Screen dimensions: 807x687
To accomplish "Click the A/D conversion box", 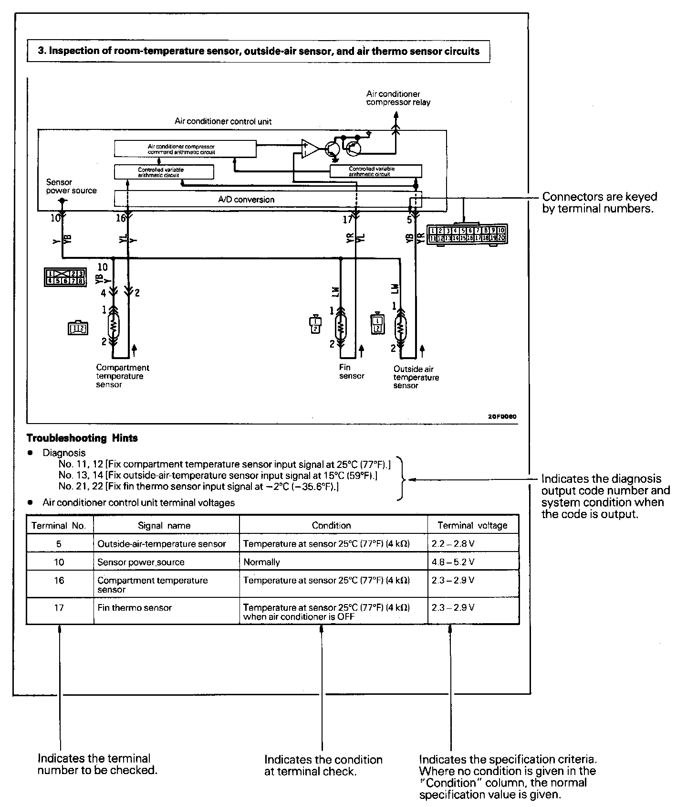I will pyautogui.click(x=246, y=200).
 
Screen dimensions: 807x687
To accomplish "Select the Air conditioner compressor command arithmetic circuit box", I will pyautogui.click(x=185, y=149).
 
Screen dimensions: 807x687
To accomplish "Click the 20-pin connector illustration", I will pyautogui.click(x=467, y=234).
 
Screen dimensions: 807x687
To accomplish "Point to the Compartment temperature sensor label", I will pyautogui.click(x=122, y=376).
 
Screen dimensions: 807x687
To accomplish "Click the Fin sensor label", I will pyautogui.click(x=352, y=372).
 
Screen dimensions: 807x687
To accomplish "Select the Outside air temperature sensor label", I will pyautogui.click(x=416, y=377).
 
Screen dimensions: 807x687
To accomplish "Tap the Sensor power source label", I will pyautogui.click(x=71, y=186).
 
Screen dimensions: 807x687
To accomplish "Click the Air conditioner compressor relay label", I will pyautogui.click(x=398, y=98).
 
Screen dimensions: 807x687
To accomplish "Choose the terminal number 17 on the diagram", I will pyautogui.click(x=347, y=219).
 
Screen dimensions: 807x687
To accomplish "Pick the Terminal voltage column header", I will pyautogui.click(x=472, y=525).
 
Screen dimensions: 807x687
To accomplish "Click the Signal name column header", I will pyautogui.click(x=164, y=525).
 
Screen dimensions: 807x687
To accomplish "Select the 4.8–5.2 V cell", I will pyautogui.click(x=453, y=562).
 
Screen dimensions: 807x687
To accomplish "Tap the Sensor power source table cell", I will pyautogui.click(x=141, y=562).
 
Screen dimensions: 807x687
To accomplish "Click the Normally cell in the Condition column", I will pyautogui.click(x=261, y=562).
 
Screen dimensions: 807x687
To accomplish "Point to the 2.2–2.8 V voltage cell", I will pyautogui.click(x=453, y=543).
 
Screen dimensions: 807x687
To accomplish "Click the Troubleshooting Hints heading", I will pyautogui.click(x=82, y=438).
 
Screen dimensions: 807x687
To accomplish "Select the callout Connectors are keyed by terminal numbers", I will pyautogui.click(x=599, y=202).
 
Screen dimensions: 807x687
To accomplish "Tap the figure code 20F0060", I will pyautogui.click(x=502, y=416).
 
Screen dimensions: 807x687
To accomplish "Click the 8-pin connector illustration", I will pyautogui.click(x=65, y=277).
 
